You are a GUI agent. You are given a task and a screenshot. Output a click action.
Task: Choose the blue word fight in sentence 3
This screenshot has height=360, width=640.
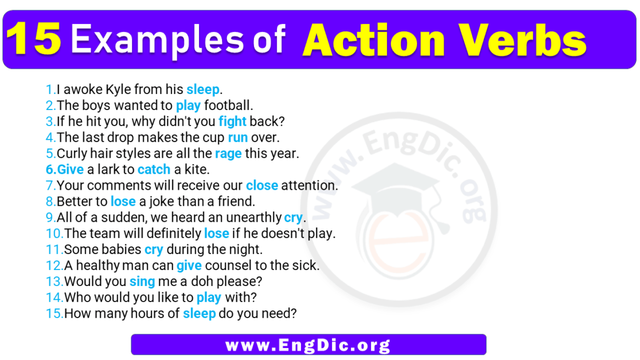click(x=232, y=122)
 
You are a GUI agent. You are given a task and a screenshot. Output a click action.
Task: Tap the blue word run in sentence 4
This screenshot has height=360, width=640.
click(x=237, y=138)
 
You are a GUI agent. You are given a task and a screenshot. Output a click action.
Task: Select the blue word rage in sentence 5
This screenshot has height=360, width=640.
click(x=228, y=154)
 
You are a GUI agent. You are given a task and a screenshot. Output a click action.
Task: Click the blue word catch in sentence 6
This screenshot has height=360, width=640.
click(x=154, y=170)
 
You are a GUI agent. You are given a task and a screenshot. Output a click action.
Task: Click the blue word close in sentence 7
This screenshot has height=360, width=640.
click(x=262, y=186)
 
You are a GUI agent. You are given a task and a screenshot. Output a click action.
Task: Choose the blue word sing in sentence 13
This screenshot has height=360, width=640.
click(x=142, y=282)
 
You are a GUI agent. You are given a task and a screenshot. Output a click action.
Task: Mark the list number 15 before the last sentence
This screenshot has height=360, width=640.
click(x=54, y=314)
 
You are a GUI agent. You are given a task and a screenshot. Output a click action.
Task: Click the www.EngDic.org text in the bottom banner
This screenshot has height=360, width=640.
click(x=308, y=345)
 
